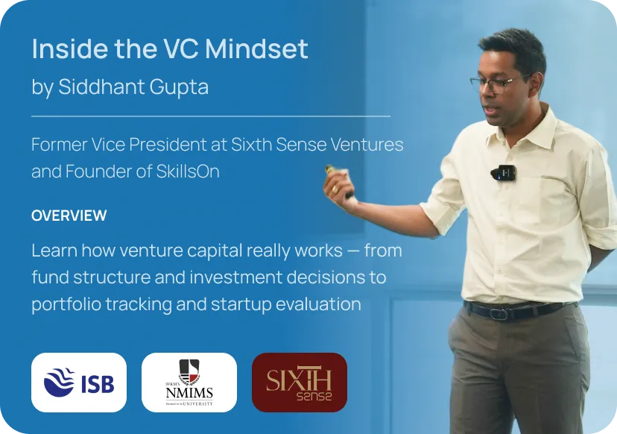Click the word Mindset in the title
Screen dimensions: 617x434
pos(256,48)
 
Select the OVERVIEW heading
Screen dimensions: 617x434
pos(69,216)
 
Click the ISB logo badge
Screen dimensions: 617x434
pos(79,383)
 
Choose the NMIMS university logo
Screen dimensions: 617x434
pos(189,383)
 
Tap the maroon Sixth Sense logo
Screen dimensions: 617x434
pos(300,383)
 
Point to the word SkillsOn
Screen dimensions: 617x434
pos(188,172)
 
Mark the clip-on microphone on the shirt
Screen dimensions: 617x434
pos(504,173)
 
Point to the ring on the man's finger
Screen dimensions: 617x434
pos(335,189)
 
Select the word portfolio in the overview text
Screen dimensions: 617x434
pos(66,304)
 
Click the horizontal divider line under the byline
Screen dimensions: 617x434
pos(211,116)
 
